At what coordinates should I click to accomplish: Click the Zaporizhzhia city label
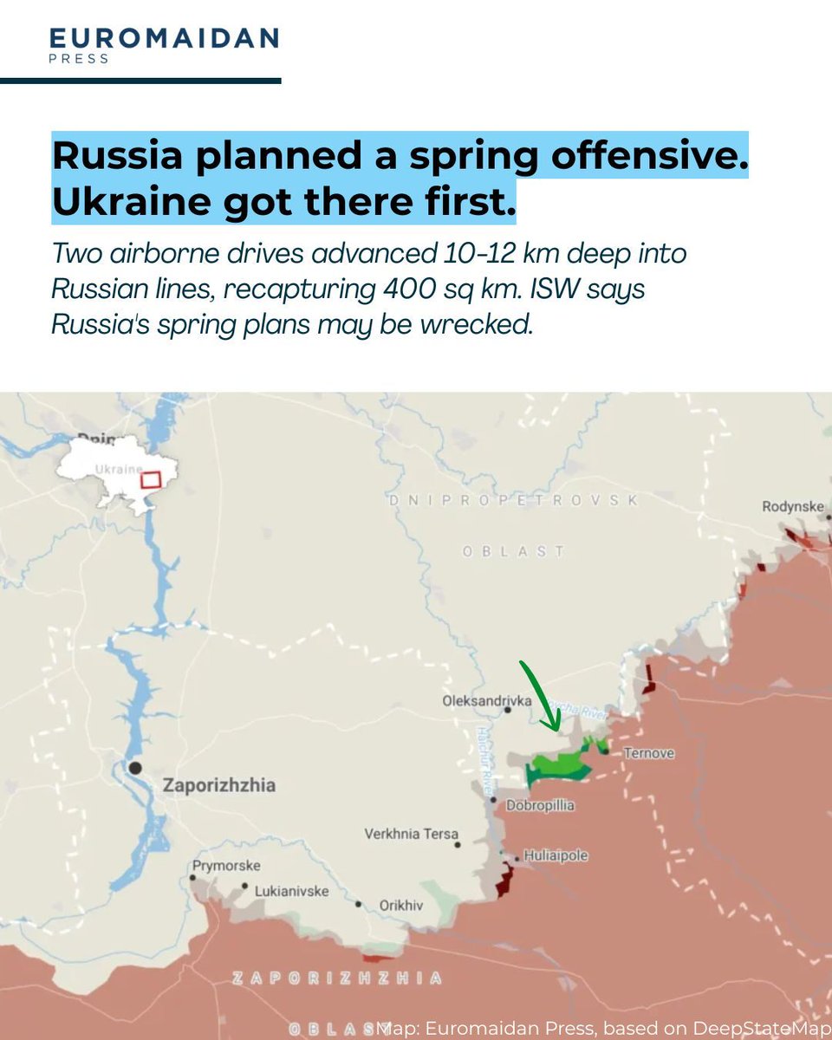point(218,786)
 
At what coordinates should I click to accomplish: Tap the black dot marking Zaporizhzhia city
point(135,768)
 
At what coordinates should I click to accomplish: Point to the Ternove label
point(649,754)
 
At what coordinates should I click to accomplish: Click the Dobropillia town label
point(540,806)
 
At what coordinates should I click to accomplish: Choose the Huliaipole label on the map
point(556,856)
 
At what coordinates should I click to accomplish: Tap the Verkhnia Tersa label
point(411,835)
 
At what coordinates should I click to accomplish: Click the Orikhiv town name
point(401,906)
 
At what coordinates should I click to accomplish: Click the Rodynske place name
point(791,507)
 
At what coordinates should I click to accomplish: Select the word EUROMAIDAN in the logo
point(164,38)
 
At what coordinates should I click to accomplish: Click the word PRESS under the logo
point(79,59)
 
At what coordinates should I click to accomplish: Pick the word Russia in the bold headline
point(117,156)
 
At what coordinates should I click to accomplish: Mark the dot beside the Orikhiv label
point(358,904)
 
